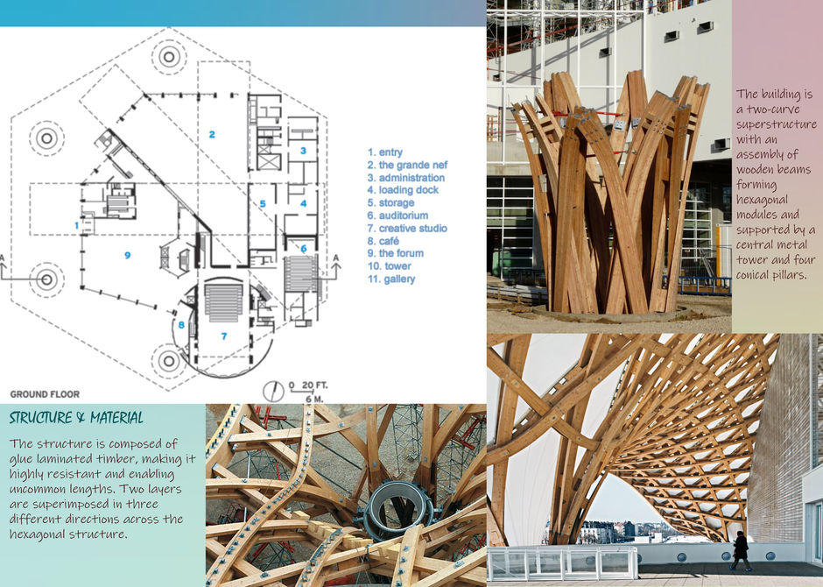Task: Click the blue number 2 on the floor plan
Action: (x=212, y=135)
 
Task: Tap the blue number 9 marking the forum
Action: (x=128, y=255)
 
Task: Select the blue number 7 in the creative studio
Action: (x=223, y=336)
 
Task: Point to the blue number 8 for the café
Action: (x=182, y=326)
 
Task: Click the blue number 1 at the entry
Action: (x=78, y=225)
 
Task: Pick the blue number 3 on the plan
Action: (x=303, y=151)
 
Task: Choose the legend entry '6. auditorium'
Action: (x=397, y=216)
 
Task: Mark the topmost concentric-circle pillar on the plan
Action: (x=167, y=56)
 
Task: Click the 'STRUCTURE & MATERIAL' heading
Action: (x=76, y=418)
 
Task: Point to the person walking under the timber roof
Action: (x=741, y=550)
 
